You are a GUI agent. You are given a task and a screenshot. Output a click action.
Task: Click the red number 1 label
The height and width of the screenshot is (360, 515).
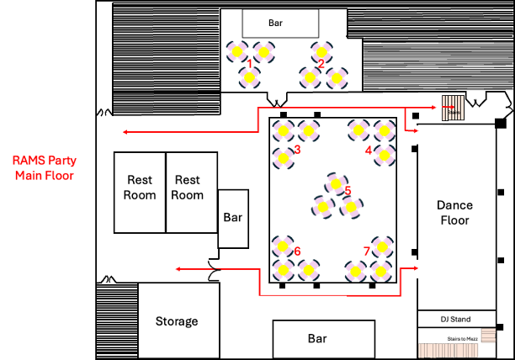[250, 63]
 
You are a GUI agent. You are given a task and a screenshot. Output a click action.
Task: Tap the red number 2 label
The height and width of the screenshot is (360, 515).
[321, 64]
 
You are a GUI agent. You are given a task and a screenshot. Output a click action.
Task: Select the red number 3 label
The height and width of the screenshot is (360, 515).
[297, 150]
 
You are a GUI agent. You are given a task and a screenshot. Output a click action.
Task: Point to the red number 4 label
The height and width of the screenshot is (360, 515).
[369, 151]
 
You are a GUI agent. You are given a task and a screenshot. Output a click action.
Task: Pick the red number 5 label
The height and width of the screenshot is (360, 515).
[348, 191]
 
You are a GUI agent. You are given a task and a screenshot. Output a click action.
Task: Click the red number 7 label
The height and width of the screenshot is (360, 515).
[366, 251]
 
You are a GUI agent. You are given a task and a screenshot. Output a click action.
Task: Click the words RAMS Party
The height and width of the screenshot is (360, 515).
[44, 160]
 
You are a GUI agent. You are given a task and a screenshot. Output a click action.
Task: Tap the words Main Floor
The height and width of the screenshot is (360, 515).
[44, 176]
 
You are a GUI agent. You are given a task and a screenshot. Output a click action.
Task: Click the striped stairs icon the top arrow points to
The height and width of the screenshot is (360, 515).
[453, 108]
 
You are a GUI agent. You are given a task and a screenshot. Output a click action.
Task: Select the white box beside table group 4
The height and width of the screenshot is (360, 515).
[429, 135]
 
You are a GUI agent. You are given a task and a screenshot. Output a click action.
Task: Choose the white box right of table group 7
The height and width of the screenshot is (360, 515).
[430, 269]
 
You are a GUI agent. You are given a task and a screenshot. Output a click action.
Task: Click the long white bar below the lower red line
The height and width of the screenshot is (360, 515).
[295, 302]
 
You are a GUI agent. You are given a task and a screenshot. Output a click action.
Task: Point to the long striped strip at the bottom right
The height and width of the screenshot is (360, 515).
[449, 350]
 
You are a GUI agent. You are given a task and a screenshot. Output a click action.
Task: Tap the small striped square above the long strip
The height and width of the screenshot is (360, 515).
[488, 335]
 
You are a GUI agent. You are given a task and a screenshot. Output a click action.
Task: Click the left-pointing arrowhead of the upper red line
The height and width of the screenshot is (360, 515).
[125, 132]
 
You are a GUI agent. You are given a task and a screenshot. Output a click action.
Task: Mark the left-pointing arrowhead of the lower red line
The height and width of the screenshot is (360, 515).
[178, 269]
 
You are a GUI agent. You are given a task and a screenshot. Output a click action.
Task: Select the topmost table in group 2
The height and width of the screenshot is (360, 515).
[321, 52]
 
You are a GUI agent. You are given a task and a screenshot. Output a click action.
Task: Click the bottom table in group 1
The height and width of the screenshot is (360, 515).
[249, 77]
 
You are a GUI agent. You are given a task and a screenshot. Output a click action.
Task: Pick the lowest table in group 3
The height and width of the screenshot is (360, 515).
[284, 158]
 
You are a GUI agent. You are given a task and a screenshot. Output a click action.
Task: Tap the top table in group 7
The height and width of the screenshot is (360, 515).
[382, 246]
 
